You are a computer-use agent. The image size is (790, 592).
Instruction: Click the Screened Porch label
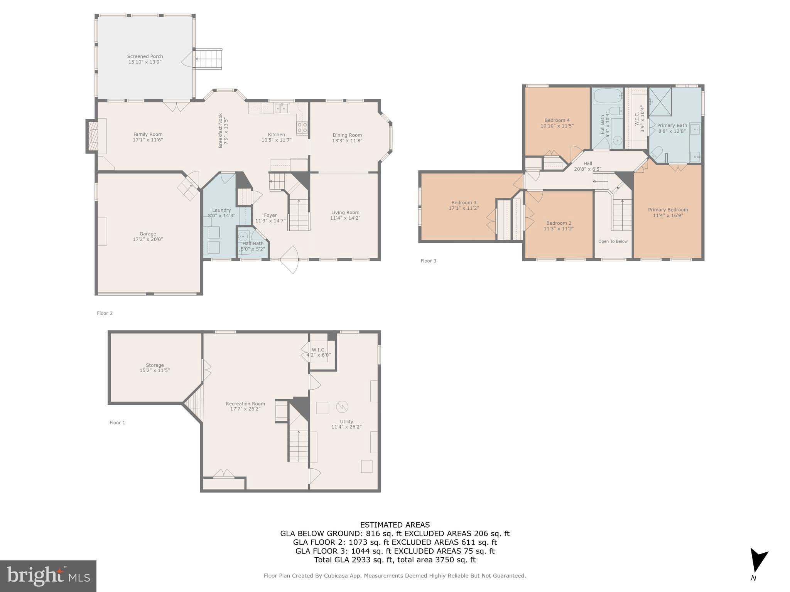(x=145, y=56)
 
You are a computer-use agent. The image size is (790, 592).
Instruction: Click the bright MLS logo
(x=48, y=576)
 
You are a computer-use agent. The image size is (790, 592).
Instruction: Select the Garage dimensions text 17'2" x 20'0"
(x=148, y=239)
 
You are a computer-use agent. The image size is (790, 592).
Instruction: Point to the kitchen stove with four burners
(x=302, y=128)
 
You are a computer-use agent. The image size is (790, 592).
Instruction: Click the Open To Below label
(x=613, y=241)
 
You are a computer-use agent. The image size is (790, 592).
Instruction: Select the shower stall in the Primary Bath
(x=660, y=102)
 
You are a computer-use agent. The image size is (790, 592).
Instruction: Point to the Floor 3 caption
(x=428, y=261)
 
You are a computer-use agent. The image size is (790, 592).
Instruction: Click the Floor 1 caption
(x=117, y=423)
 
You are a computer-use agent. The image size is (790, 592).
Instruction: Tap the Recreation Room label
(x=245, y=404)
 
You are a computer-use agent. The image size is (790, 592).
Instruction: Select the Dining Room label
(x=347, y=135)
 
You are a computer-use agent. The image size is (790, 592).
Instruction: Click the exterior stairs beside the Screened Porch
(x=209, y=59)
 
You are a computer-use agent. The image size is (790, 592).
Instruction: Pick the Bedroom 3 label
(x=464, y=203)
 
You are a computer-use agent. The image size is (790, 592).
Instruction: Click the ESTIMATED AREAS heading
(x=395, y=525)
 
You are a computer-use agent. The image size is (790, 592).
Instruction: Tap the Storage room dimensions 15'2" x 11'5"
(x=155, y=370)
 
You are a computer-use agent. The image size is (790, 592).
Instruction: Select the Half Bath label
(x=253, y=243)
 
